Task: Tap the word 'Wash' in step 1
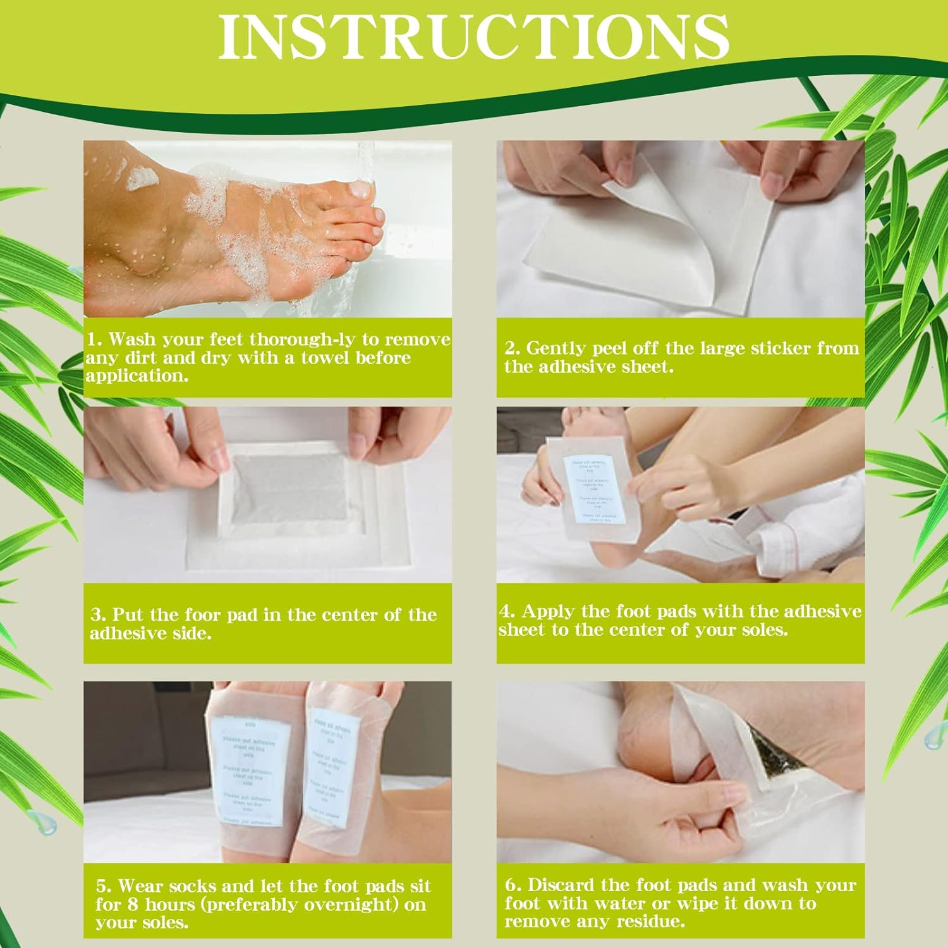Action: click(x=131, y=339)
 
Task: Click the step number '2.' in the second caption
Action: click(x=512, y=348)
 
